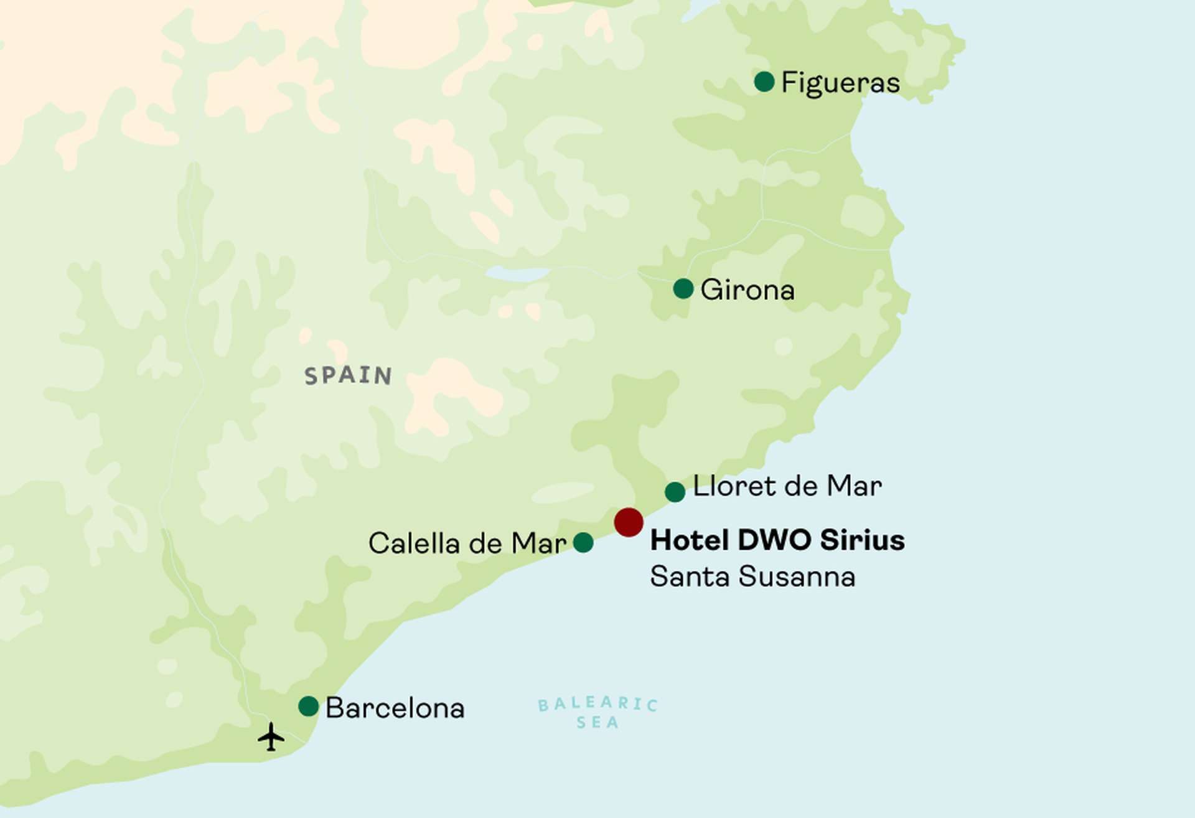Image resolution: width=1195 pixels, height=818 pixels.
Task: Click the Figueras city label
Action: pos(840,83)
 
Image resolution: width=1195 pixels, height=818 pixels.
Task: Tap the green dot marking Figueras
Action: pos(764,82)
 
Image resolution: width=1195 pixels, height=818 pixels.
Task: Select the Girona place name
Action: pos(747,290)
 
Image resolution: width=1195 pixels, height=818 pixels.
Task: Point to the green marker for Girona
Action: pos(683,289)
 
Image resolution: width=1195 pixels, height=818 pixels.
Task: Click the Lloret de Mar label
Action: pos(787,486)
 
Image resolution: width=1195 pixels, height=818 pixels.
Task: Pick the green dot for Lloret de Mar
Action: pos(675,492)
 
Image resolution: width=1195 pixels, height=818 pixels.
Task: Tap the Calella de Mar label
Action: pos(467,543)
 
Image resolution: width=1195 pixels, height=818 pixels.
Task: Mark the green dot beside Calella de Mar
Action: pos(583,543)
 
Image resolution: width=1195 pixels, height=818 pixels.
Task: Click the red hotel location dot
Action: pos(629,522)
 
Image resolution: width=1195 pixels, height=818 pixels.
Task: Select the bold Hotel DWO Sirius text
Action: pos(777,540)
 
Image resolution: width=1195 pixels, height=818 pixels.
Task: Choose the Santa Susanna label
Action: pos(752,576)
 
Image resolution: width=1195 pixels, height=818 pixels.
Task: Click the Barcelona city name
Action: pos(395,708)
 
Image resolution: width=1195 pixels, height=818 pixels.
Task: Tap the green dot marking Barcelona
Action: pos(309,707)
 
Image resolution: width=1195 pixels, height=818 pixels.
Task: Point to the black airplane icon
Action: pos(271,737)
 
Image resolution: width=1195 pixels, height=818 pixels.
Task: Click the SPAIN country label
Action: pos(348,375)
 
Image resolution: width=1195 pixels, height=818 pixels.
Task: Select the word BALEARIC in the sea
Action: pos(597,704)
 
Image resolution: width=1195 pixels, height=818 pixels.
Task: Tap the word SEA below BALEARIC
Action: pos(597,723)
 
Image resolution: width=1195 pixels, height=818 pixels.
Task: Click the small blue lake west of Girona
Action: pos(517,274)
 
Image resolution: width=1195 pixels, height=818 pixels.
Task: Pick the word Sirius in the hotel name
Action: pos(862,540)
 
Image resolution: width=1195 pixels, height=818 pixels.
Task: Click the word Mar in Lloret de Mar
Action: pos(855,486)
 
